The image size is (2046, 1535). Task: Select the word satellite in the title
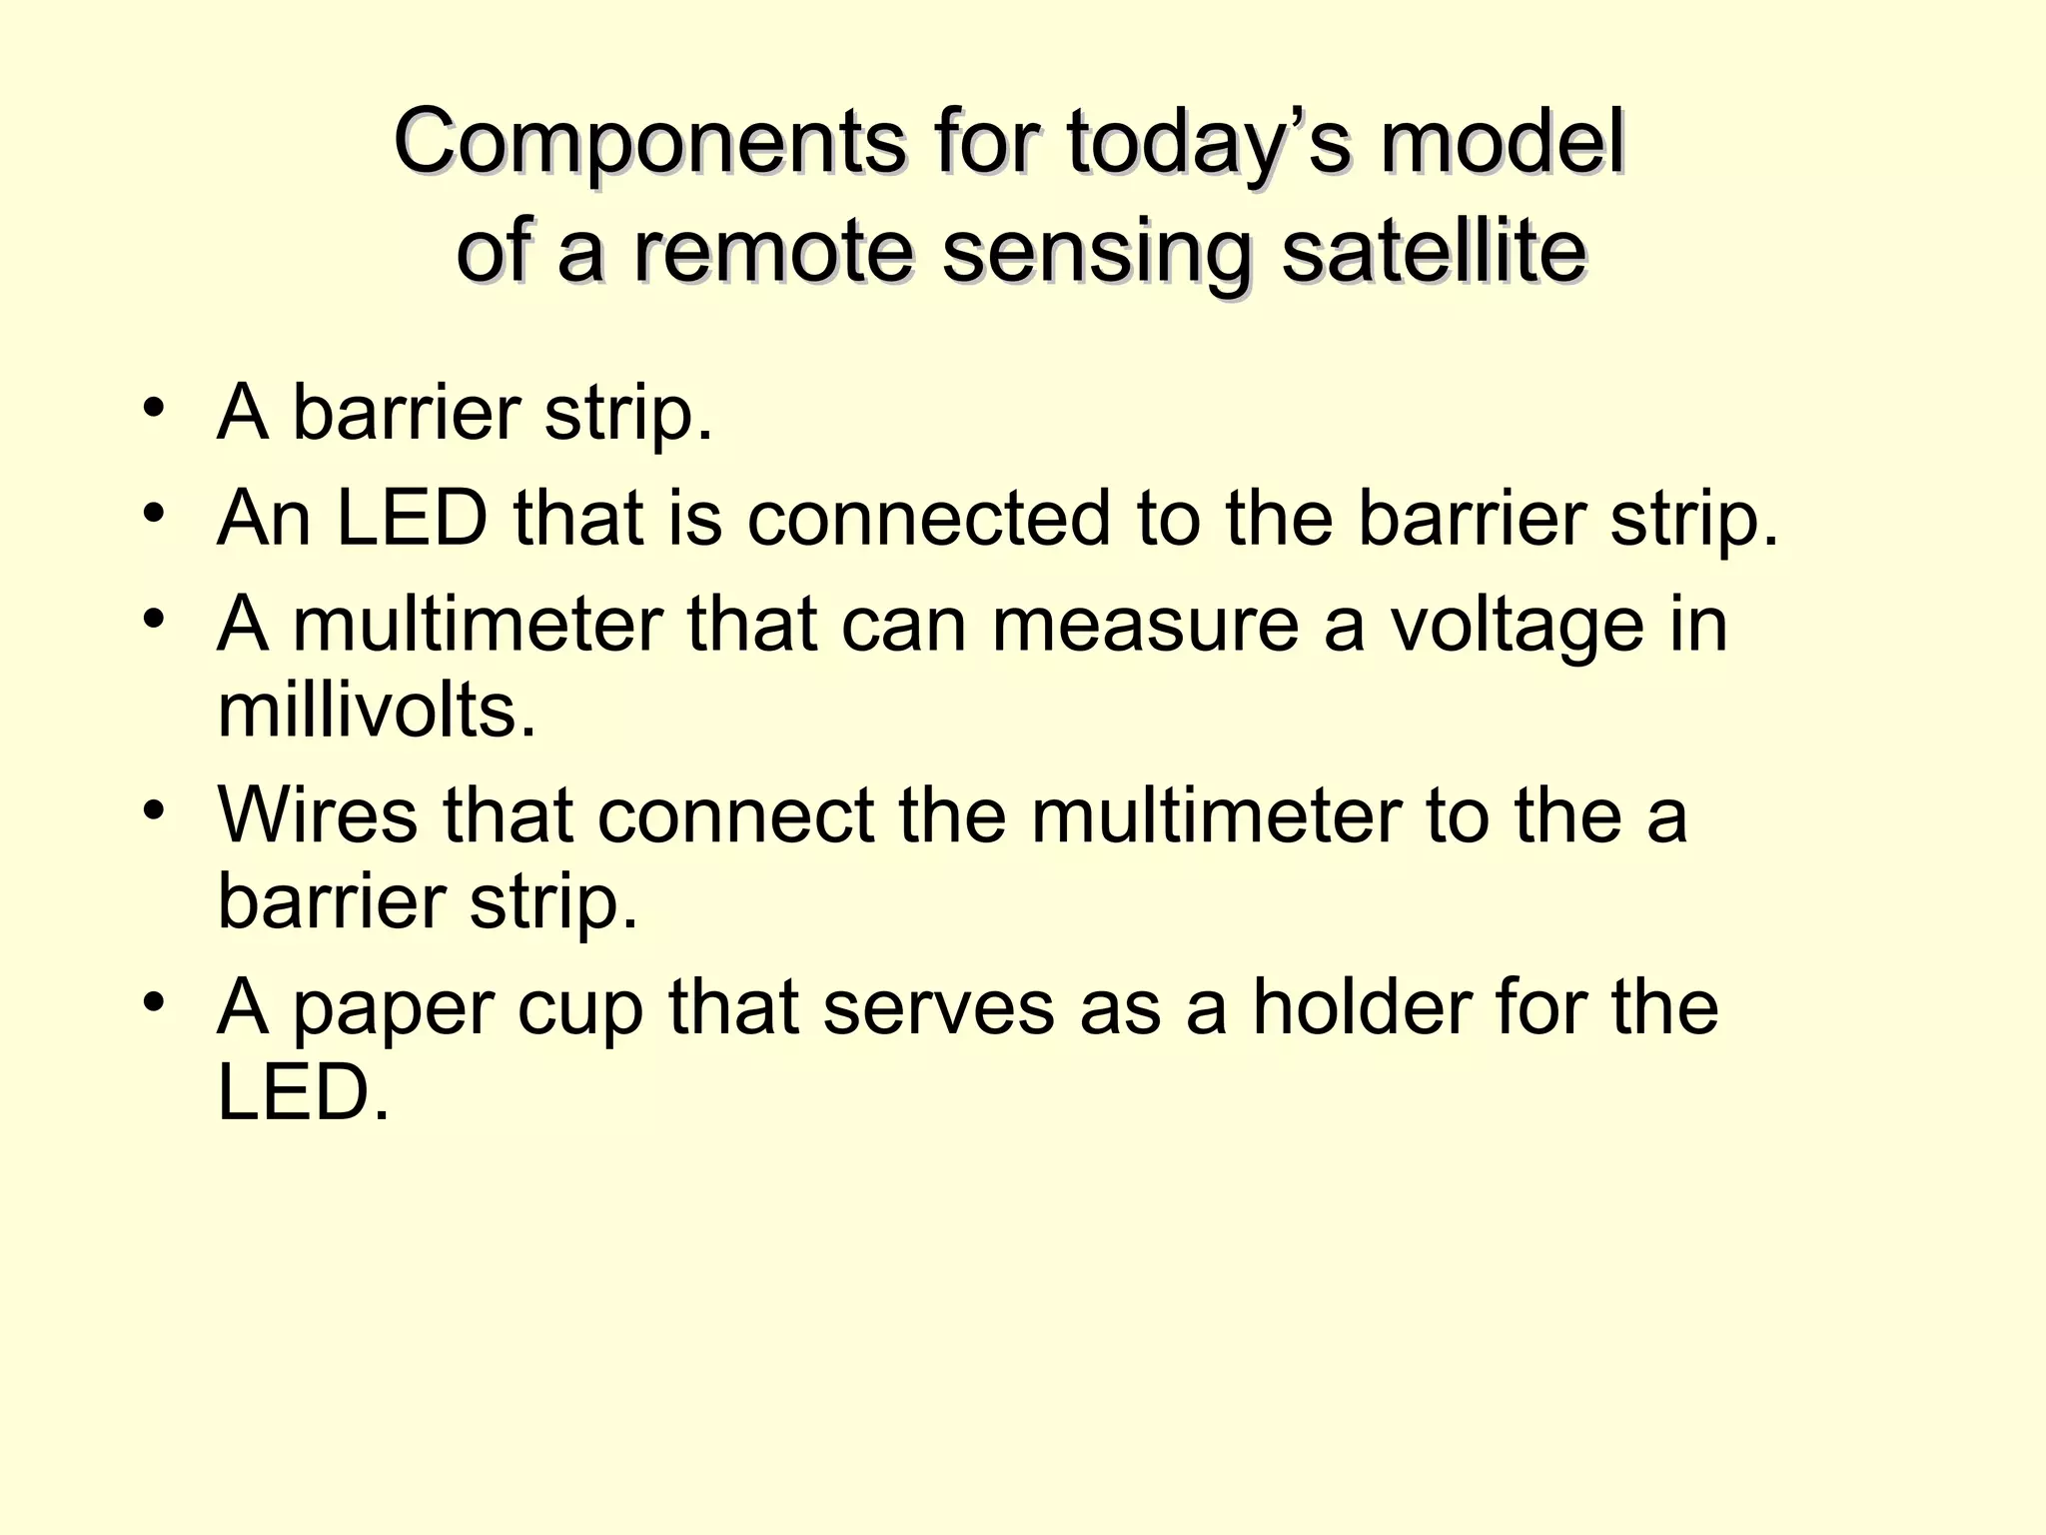tap(1434, 251)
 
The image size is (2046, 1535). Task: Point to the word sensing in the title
tap(1096, 251)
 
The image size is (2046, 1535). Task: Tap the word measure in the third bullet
tap(1145, 625)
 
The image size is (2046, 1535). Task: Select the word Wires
tap(318, 815)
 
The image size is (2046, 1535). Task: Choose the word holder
tap(1362, 1007)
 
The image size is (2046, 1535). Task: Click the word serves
tap(938, 1007)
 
